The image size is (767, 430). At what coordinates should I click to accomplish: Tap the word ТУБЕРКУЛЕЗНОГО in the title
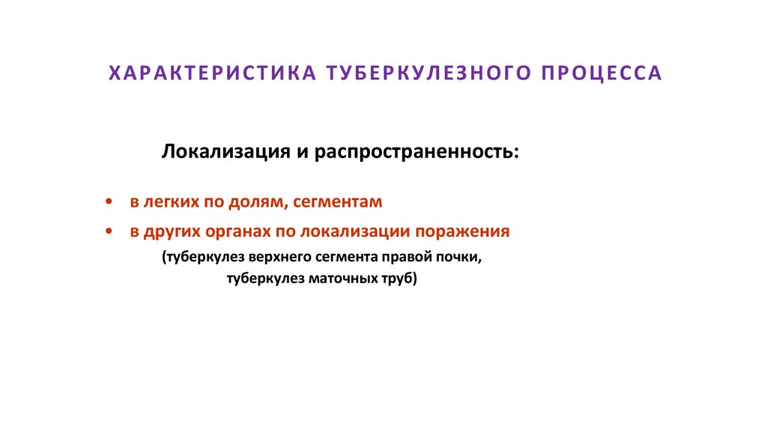421,73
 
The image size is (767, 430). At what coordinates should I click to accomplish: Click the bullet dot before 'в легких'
110,202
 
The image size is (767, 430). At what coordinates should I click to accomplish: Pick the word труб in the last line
398,280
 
